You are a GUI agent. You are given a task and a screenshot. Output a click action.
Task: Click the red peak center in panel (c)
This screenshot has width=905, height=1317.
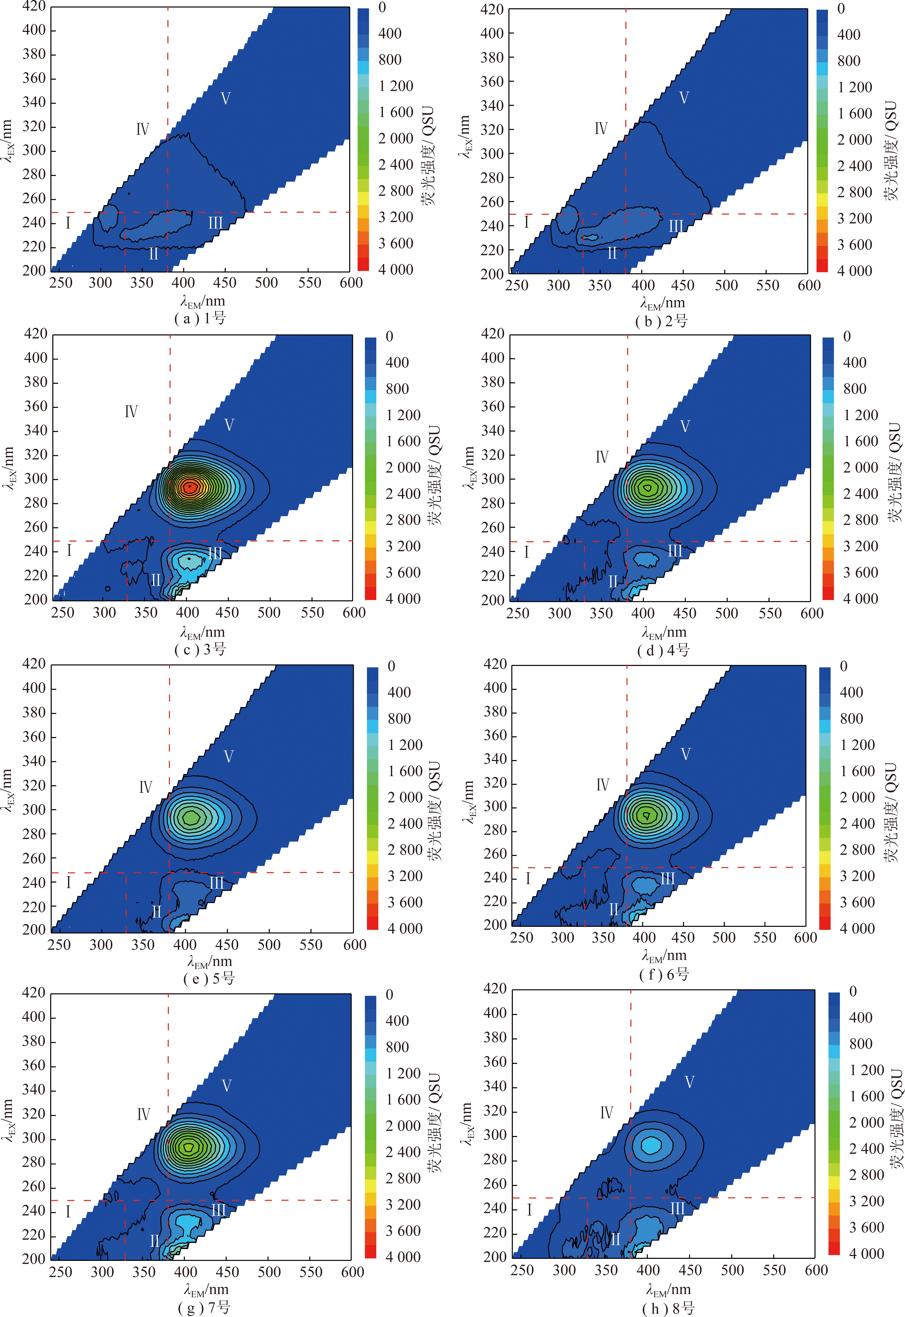[x=190, y=486]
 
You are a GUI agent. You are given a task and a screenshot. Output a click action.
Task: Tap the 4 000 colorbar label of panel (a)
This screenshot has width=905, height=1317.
[x=396, y=269]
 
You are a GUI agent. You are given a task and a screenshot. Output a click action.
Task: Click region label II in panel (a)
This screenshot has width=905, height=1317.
[x=153, y=253]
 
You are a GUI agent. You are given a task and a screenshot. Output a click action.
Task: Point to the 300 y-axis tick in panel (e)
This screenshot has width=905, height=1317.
[x=34, y=810]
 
